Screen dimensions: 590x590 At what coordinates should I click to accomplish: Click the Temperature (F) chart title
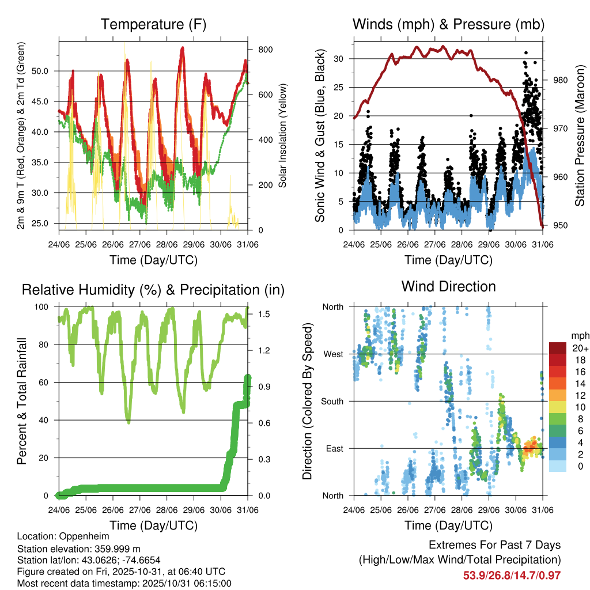(x=153, y=25)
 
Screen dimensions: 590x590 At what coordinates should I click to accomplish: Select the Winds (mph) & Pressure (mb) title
(x=449, y=25)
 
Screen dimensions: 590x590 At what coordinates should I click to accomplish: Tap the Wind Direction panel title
(x=449, y=286)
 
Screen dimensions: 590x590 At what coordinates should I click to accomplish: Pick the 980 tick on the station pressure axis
(x=560, y=80)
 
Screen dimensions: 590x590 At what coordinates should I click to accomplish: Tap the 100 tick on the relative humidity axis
(x=46, y=307)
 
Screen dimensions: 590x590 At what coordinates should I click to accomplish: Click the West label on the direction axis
(x=332, y=354)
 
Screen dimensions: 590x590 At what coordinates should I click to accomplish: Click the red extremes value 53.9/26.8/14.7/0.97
(x=512, y=575)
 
